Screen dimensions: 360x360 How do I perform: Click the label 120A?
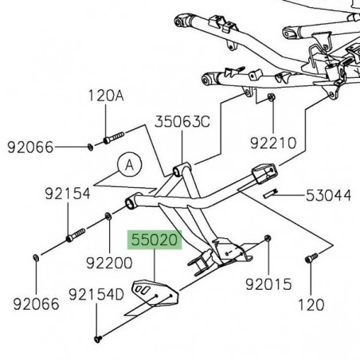click(x=107, y=96)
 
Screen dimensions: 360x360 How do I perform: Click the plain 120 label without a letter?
click(x=310, y=304)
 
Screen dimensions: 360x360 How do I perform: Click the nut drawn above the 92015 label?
click(x=268, y=238)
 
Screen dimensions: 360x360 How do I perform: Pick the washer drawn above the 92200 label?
click(x=108, y=216)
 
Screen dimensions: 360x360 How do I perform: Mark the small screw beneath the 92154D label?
click(x=98, y=338)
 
